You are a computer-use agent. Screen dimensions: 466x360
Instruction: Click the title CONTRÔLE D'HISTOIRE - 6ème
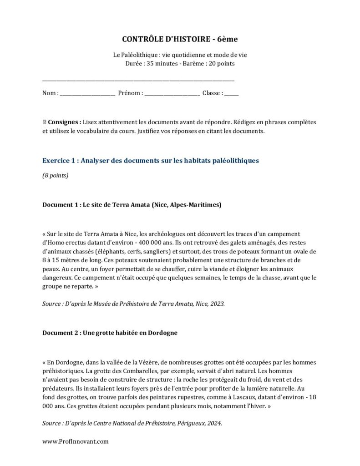click(x=180, y=40)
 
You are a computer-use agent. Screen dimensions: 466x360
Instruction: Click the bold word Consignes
click(x=64, y=122)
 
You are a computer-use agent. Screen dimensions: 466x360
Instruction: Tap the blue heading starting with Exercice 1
click(x=150, y=160)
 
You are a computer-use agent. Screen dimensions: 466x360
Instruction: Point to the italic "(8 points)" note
click(x=56, y=175)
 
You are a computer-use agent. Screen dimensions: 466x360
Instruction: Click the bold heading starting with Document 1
click(x=132, y=205)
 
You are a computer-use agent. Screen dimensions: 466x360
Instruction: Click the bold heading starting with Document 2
click(x=110, y=333)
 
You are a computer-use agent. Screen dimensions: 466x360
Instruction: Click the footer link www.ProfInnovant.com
click(x=76, y=441)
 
